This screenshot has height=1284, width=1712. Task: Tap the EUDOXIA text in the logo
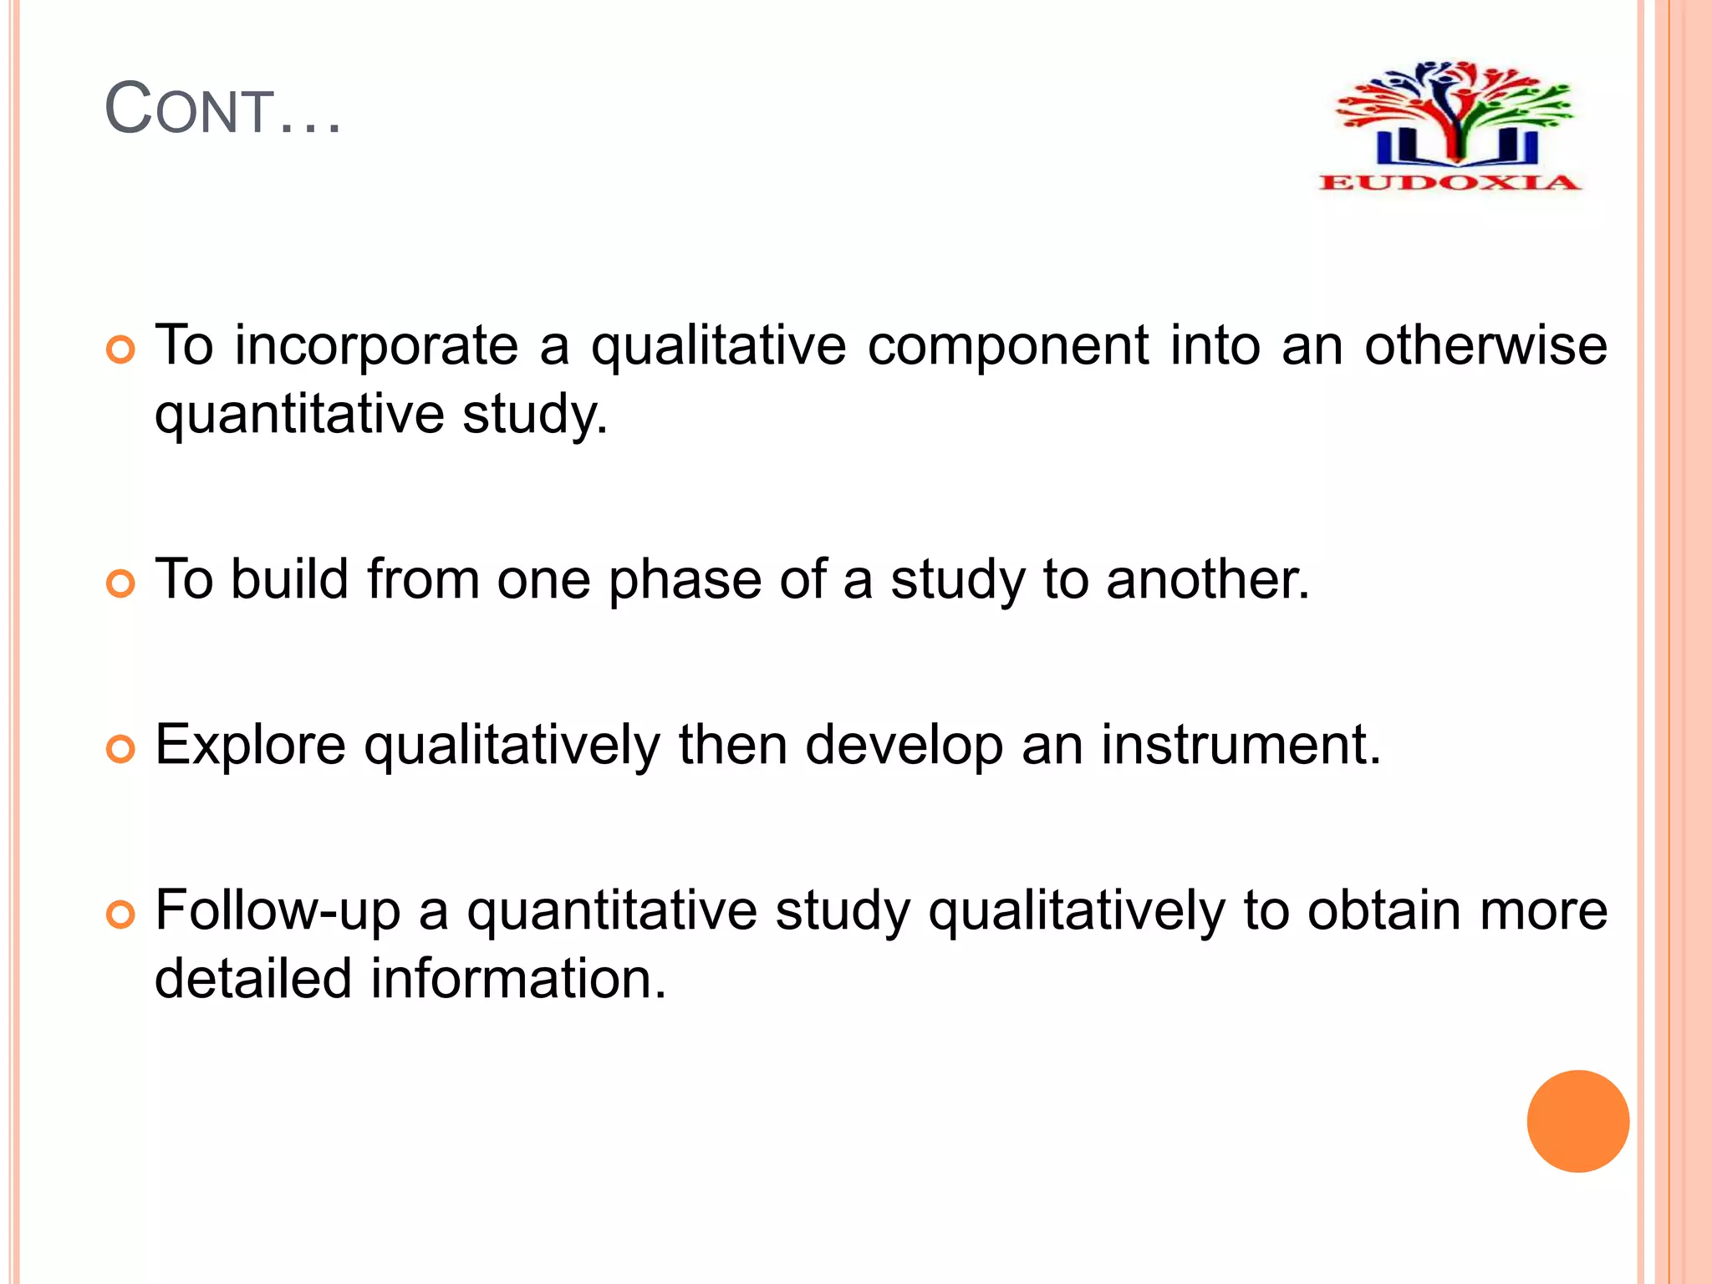1450,182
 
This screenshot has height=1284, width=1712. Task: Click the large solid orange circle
1577,1121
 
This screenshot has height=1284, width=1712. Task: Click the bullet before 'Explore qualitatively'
121,749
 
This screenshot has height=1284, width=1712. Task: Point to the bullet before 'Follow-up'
121,915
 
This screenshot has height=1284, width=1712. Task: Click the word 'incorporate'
376,346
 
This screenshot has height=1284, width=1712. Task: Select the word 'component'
1007,346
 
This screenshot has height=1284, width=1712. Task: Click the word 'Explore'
250,746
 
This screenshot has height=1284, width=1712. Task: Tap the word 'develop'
903,746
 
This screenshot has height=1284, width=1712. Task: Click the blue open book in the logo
1456,147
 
